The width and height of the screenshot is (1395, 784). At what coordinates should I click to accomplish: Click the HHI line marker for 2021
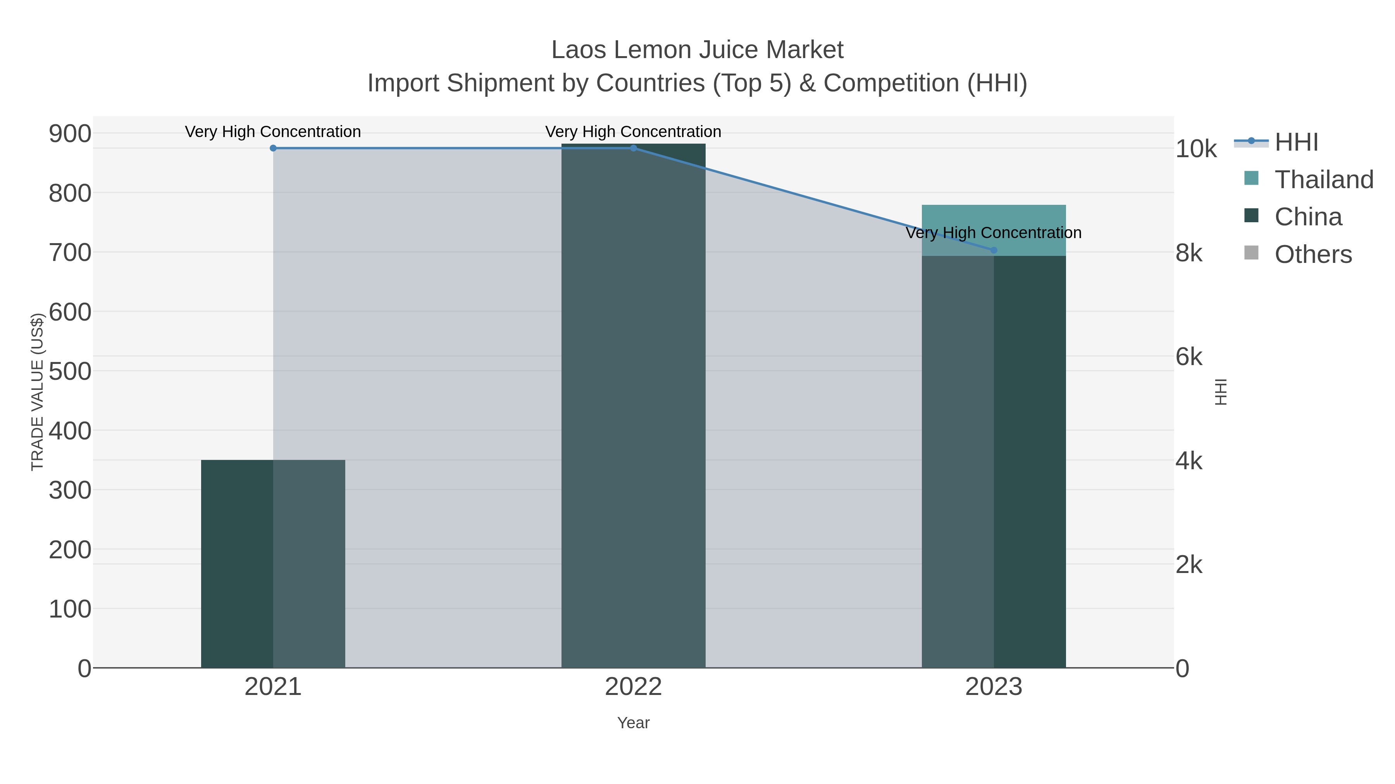273,148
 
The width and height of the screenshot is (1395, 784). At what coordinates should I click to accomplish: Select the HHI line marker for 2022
633,148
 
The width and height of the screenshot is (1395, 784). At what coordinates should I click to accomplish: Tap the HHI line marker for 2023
993,250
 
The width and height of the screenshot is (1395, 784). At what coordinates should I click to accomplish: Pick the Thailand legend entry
1324,180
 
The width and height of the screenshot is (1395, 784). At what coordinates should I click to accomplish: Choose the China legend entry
1308,217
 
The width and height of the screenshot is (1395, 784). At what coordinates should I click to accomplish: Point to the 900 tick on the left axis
70,134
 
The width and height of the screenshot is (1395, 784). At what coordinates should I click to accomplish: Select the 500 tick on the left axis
70,372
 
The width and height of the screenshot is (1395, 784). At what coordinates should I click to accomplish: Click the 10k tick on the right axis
1196,149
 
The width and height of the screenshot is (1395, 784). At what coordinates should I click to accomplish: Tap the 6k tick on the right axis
1189,357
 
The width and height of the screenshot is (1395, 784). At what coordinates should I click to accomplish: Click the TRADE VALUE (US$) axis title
37,392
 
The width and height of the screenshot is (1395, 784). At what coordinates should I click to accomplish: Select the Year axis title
633,723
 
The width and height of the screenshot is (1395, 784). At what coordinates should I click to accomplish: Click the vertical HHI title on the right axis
1221,392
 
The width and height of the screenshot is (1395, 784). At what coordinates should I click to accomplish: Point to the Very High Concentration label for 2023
993,233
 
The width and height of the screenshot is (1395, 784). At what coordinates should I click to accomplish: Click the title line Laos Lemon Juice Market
697,50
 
